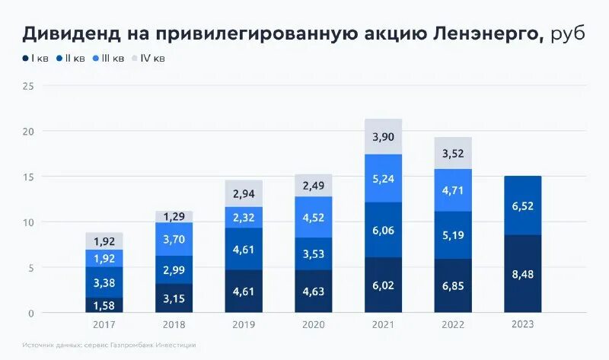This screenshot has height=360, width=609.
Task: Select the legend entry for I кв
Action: (34, 58)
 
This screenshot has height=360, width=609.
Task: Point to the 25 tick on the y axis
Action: (28, 86)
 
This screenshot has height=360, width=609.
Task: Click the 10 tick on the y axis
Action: (28, 222)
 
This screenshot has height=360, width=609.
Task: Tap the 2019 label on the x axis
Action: (244, 324)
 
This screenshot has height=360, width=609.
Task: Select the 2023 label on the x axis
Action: (522, 324)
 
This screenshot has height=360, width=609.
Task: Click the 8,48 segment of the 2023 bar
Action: (522, 274)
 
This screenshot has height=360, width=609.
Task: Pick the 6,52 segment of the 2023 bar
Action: (522, 205)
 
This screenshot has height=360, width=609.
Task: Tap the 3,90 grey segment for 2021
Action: (383, 136)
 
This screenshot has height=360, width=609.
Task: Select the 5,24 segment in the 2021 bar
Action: (383, 178)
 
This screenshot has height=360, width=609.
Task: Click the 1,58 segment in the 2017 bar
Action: (104, 305)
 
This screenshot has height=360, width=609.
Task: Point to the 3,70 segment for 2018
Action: (174, 239)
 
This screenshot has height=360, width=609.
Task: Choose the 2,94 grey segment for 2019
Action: (244, 193)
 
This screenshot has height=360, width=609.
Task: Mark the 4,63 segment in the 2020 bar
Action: (313, 291)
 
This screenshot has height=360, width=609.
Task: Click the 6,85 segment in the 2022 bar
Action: (452, 285)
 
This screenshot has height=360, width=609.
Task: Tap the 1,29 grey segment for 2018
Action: (174, 217)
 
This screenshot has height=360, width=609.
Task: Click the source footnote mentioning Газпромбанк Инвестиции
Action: (109, 345)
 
